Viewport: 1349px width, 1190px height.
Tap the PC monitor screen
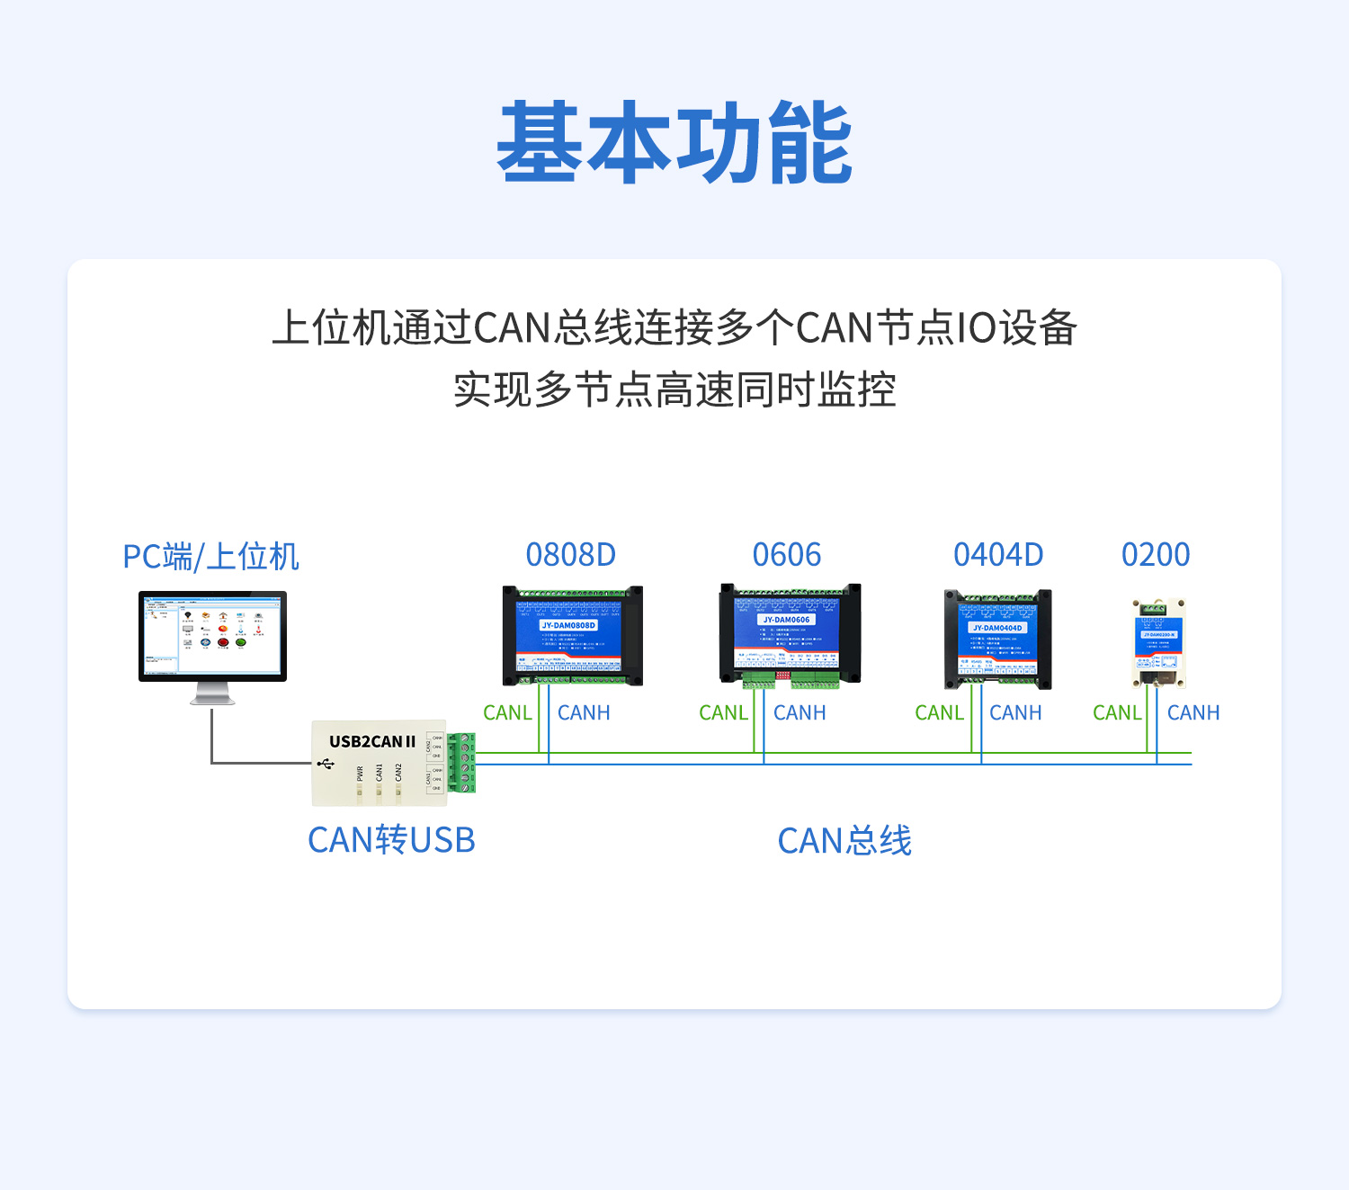click(x=212, y=634)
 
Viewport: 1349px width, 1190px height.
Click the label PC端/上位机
click(x=210, y=557)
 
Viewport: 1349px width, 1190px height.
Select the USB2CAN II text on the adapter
click(x=372, y=742)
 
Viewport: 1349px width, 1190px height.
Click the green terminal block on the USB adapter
click(x=461, y=763)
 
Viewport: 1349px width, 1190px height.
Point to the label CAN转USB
click(x=391, y=840)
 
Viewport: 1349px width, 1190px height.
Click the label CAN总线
click(x=844, y=841)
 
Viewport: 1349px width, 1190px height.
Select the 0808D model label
click(x=571, y=555)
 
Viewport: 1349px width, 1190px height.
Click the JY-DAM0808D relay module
click(x=572, y=635)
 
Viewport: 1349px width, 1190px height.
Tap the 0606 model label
click(x=787, y=555)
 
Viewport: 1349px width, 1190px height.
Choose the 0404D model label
click(x=998, y=555)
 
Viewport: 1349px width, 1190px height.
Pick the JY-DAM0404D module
click(x=997, y=639)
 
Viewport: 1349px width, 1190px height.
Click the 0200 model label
click(x=1156, y=555)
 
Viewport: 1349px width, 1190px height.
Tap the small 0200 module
click(x=1157, y=642)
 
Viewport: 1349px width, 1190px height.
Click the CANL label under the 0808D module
click(x=507, y=713)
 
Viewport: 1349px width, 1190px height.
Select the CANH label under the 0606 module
click(x=800, y=713)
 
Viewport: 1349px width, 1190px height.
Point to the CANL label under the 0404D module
click(x=939, y=713)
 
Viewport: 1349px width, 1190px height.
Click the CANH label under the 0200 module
click(x=1193, y=713)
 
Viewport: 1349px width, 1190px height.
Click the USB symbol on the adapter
click(x=326, y=764)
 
